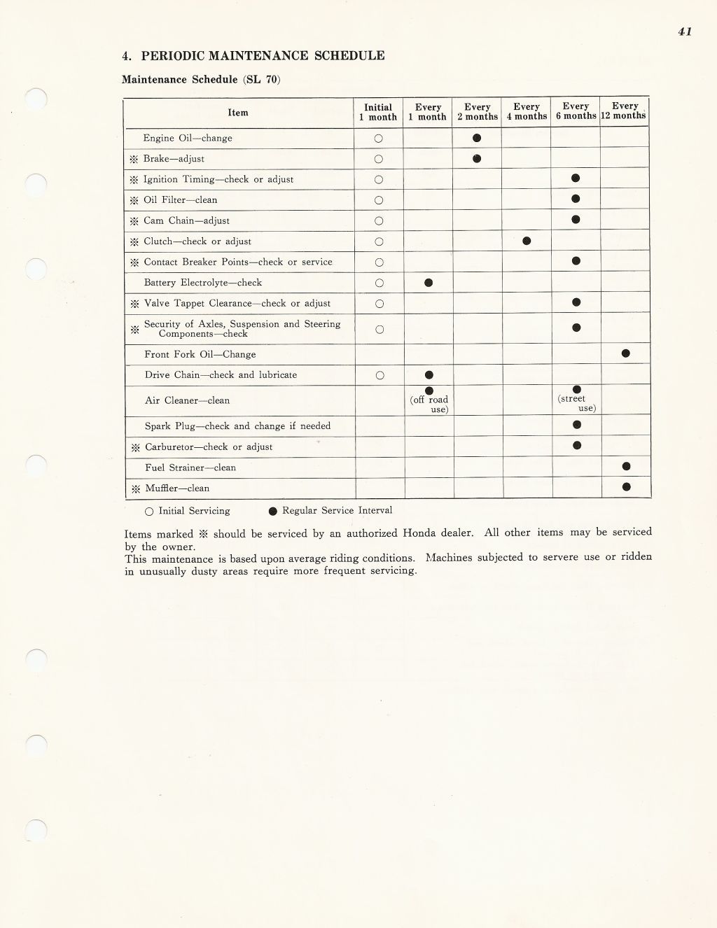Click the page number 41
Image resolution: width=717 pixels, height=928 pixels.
[x=685, y=31]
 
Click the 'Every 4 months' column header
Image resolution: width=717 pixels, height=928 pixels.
[x=527, y=112]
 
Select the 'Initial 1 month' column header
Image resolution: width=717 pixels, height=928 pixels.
[x=378, y=112]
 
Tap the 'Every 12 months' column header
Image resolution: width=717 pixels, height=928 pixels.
[x=625, y=111]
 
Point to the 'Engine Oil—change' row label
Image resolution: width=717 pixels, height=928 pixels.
[x=188, y=139]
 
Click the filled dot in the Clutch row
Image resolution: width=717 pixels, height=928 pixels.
[x=527, y=241]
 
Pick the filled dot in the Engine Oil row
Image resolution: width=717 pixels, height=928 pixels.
[x=477, y=138]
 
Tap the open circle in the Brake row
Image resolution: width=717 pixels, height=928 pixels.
[x=379, y=159]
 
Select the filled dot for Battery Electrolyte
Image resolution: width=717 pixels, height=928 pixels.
[x=429, y=283]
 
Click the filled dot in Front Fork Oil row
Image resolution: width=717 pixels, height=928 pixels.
[x=625, y=353]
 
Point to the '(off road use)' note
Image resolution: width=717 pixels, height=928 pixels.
[x=430, y=405]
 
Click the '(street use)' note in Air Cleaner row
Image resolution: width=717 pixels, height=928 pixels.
[x=577, y=403]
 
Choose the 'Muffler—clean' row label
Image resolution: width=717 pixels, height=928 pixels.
[x=177, y=488]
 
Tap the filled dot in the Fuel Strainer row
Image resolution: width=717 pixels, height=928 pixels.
[x=626, y=466]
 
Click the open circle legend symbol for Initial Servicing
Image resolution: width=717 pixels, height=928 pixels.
[x=148, y=512]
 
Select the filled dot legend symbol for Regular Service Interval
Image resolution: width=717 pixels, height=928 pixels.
[x=273, y=511]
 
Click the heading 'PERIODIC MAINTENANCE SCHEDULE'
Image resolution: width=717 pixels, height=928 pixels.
[x=263, y=56]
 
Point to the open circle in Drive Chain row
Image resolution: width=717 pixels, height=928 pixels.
[x=380, y=375]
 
